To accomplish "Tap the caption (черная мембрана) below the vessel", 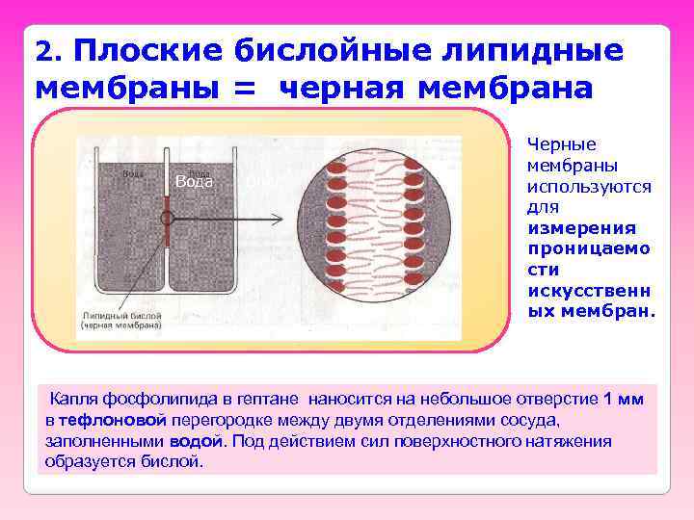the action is pyautogui.click(x=122, y=325).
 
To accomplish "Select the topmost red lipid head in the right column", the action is pyautogui.click(x=414, y=163).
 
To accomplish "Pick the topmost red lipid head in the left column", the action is pyautogui.click(x=337, y=166).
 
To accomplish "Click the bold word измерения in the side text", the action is pyautogui.click(x=581, y=228).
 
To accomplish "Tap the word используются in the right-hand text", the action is pyautogui.click(x=589, y=186).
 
